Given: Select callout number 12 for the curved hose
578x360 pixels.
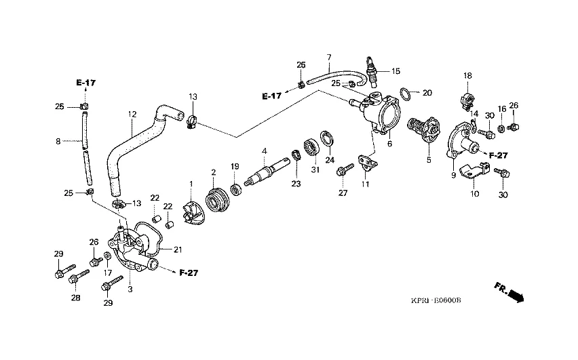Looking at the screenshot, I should click(132, 115).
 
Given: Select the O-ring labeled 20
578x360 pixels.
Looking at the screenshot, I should click(404, 92).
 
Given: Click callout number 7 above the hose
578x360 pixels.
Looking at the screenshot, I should click(328, 56).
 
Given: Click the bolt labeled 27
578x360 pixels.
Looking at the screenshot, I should click(345, 167).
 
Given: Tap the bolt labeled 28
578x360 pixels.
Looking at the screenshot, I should click(79, 277).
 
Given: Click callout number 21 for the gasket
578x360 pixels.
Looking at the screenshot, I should click(178, 249).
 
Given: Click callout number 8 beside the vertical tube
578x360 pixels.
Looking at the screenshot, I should click(58, 141).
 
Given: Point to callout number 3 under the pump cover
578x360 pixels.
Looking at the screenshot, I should click(130, 289).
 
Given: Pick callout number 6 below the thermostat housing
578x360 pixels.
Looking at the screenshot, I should click(389, 144).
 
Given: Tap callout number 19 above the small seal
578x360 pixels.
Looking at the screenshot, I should click(235, 167).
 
